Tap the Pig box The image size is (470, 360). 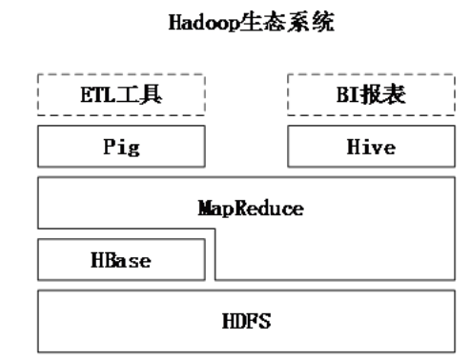[x=121, y=150]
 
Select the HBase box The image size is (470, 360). [x=121, y=259]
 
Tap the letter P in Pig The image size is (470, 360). [x=108, y=150]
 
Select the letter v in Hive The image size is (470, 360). [x=378, y=150]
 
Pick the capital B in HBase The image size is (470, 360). [x=111, y=259]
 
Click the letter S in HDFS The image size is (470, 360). [x=265, y=321]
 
